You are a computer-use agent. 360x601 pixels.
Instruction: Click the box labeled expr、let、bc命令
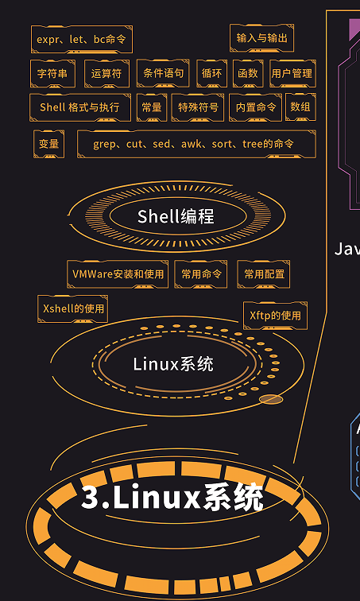(82, 39)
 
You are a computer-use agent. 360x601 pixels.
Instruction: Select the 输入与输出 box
(262, 37)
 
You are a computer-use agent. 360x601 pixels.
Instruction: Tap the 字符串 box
(53, 73)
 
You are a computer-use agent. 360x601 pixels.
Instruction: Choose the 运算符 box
(106, 73)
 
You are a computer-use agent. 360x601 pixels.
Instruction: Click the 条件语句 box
(163, 73)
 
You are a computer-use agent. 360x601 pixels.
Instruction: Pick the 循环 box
(211, 73)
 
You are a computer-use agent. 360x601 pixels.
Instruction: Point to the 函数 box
(248, 73)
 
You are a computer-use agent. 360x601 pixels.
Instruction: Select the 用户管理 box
(292, 73)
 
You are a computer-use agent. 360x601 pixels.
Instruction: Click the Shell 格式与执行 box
(80, 107)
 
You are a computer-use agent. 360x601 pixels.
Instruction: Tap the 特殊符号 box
(198, 107)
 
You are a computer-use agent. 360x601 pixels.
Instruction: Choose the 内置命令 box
(255, 107)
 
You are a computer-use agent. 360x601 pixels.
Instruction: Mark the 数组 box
(300, 107)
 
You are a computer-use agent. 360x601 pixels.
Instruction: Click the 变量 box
(48, 144)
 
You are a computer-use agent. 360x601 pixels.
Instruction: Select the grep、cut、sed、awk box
(196, 144)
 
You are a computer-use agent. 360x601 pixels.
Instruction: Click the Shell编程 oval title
(176, 216)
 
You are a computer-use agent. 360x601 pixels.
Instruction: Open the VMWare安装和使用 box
(118, 274)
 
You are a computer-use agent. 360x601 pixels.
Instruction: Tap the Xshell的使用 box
(73, 308)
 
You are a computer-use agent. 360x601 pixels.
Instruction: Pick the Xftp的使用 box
(275, 316)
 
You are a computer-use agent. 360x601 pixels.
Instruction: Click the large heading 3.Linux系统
(172, 497)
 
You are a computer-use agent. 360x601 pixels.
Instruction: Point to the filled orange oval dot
(271, 399)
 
